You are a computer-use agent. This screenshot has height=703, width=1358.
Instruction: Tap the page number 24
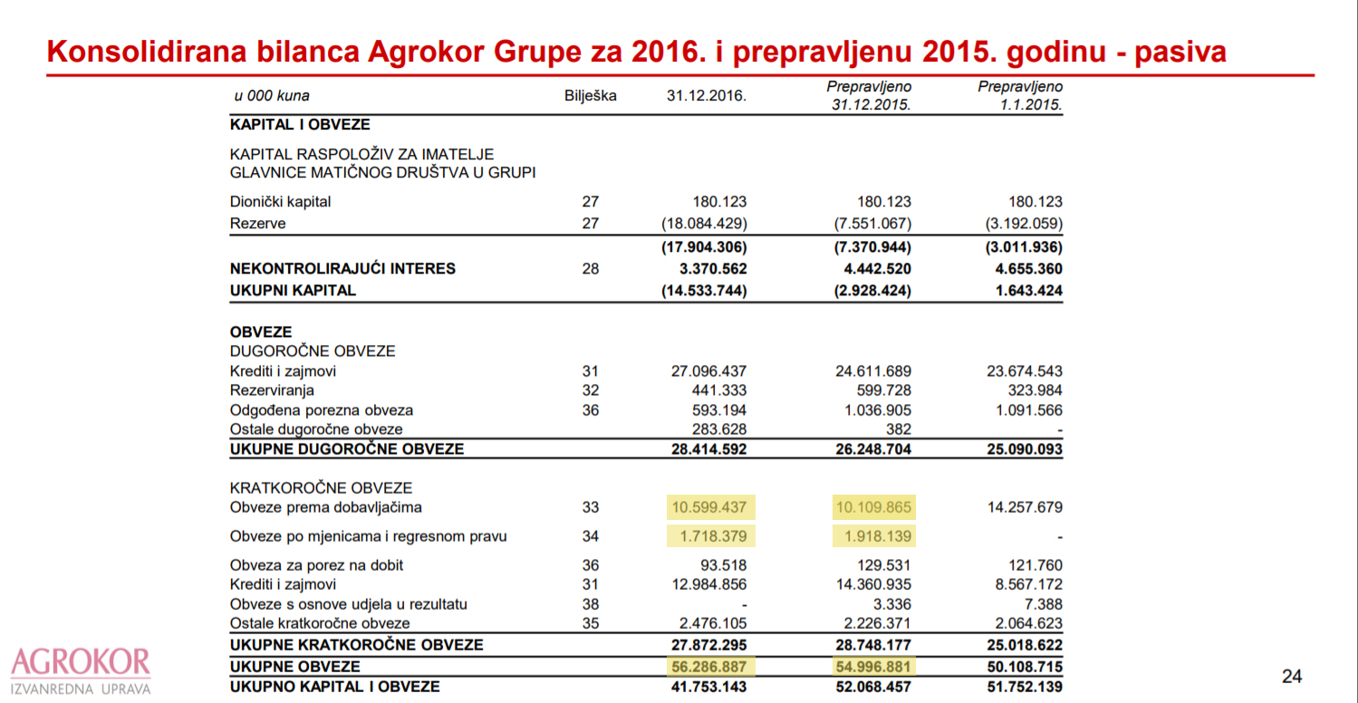(x=1292, y=676)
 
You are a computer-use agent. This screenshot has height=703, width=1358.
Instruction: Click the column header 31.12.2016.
(x=707, y=96)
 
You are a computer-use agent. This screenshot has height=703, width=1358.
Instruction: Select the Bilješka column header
(x=590, y=96)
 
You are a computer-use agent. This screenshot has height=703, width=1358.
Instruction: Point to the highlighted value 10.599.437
(x=711, y=507)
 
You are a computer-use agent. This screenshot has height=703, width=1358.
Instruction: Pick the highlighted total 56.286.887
(x=711, y=667)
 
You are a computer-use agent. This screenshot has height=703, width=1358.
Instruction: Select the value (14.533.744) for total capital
(x=705, y=291)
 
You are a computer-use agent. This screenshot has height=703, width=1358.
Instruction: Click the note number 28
(x=590, y=269)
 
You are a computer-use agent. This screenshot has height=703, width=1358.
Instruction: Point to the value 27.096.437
(x=705, y=371)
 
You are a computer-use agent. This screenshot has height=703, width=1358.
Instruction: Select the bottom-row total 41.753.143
(x=705, y=687)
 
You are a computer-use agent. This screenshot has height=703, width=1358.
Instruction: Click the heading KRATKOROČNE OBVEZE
(x=321, y=488)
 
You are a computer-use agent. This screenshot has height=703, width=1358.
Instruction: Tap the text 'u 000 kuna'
(x=272, y=96)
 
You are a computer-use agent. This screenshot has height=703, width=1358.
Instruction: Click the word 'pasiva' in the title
(x=1180, y=53)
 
